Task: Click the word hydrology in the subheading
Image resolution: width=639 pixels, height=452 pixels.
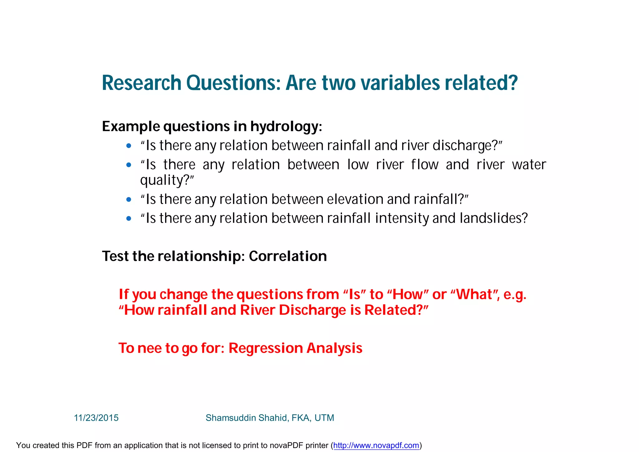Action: [x=284, y=127]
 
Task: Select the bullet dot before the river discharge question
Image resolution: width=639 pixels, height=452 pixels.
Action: [x=129, y=146]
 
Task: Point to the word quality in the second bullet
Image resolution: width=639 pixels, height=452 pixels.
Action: [x=162, y=181]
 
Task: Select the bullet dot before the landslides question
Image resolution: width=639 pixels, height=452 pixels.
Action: [x=129, y=218]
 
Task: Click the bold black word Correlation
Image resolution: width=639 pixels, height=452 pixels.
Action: [x=288, y=256]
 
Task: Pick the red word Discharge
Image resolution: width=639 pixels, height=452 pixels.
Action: [x=312, y=310]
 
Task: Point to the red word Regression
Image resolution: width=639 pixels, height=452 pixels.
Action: [x=266, y=348]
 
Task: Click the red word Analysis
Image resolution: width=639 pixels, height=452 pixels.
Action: [x=334, y=348]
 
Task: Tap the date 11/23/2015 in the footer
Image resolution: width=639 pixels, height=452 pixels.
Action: [x=96, y=418]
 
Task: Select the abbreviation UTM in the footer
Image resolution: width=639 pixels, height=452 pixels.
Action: [x=324, y=418]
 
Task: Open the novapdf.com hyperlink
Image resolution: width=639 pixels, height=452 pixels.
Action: [x=376, y=445]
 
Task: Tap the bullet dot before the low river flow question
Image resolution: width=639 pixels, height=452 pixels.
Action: [x=129, y=165]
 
